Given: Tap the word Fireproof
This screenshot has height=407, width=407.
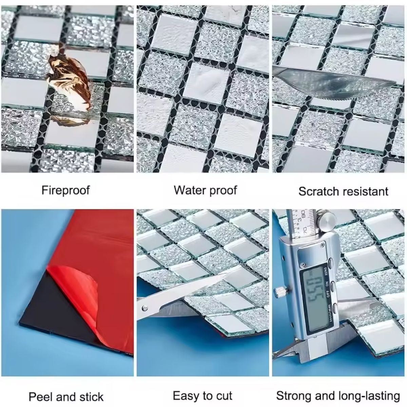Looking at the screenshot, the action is click(66, 190).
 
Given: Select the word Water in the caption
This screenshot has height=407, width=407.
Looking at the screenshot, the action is click(188, 190).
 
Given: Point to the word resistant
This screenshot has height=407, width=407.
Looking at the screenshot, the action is click(362, 192).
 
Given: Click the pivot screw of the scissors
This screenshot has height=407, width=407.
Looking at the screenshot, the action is click(145, 308).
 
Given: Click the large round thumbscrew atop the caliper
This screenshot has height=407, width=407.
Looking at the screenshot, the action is click(327, 222).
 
